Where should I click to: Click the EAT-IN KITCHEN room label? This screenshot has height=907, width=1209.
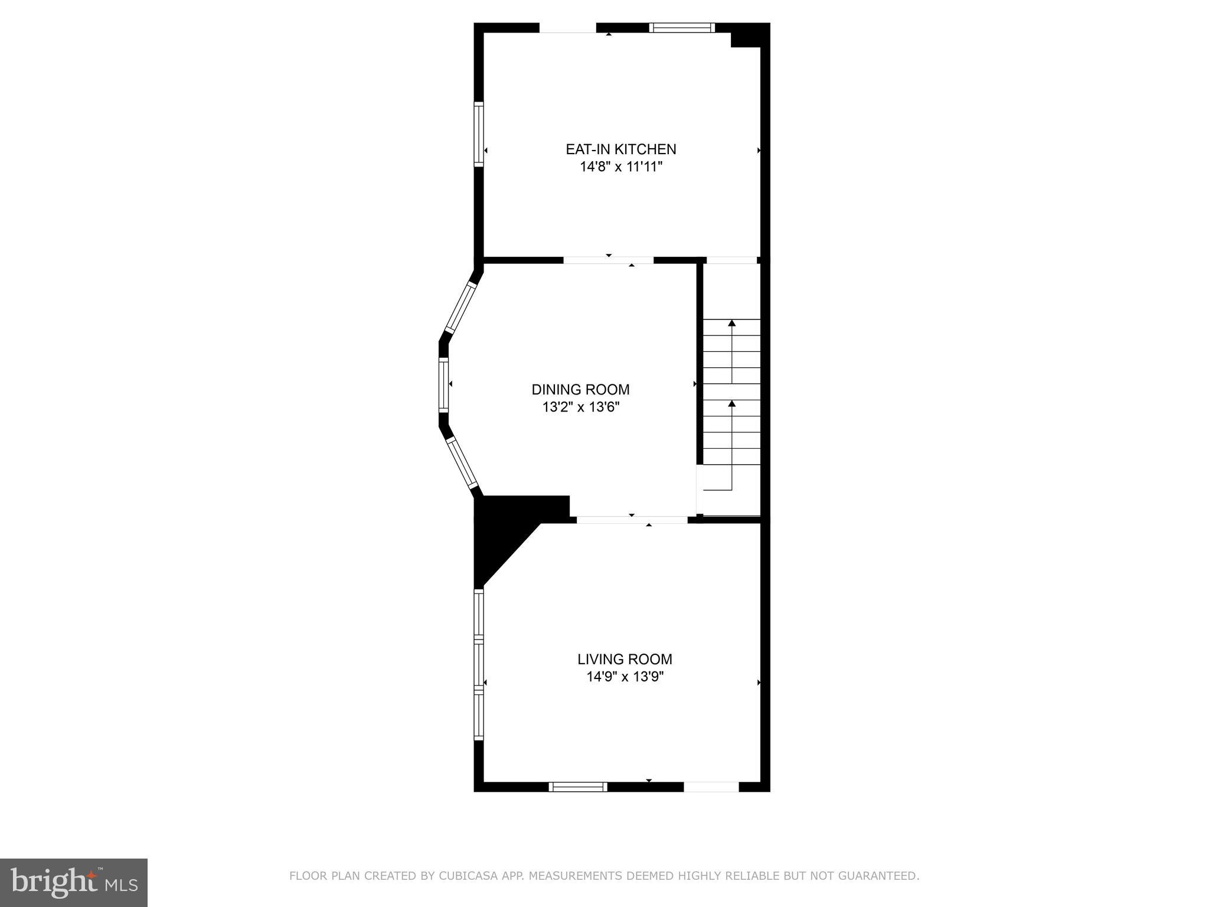[620, 149]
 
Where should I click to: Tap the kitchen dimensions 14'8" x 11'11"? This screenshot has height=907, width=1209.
[620, 167]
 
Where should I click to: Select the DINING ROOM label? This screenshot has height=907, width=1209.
[580, 390]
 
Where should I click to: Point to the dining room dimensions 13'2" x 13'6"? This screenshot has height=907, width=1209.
[580, 407]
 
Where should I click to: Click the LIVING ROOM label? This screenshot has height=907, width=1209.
[625, 659]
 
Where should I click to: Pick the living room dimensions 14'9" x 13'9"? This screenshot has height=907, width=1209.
[625, 677]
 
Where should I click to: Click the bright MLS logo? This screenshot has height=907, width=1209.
[74, 883]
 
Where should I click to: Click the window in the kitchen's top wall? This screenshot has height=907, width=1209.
[682, 27]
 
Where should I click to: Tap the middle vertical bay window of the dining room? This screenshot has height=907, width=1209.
[443, 384]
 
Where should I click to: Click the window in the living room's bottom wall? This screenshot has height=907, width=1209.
[578, 787]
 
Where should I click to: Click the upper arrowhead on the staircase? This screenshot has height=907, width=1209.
[732, 323]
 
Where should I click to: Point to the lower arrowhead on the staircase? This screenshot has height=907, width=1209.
[732, 404]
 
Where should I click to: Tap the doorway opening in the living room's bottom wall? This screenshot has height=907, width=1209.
[711, 787]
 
